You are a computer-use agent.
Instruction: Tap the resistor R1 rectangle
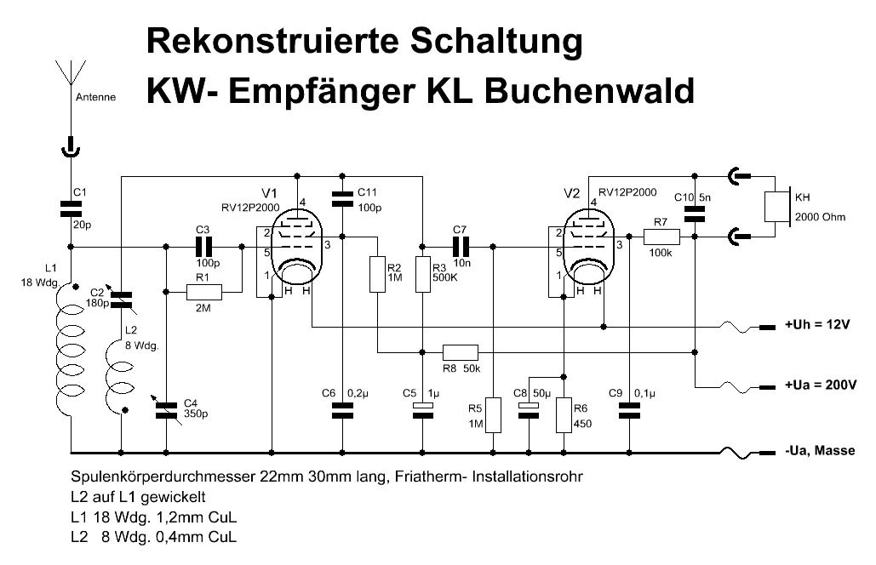[203, 293]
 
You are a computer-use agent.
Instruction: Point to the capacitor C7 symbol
[461, 247]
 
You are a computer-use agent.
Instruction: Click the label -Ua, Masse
[819, 451]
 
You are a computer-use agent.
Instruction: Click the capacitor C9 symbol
[630, 411]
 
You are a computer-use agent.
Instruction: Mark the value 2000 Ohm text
[820, 217]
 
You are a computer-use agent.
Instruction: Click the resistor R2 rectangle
[378, 274]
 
